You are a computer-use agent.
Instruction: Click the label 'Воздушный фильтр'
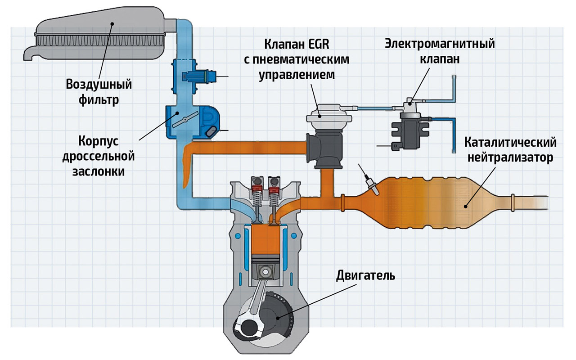[x=92, y=92]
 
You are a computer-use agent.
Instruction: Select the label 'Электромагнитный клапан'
[x=439, y=52]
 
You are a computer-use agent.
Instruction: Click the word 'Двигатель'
[x=365, y=275]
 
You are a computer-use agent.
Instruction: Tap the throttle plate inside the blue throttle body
[x=184, y=118]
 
